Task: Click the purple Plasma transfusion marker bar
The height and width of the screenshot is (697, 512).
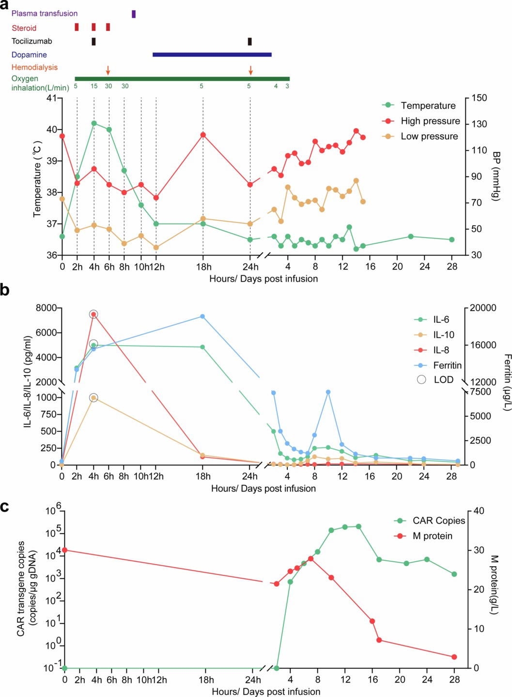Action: tap(134, 14)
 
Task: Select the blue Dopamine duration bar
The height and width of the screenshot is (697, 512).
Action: tap(212, 55)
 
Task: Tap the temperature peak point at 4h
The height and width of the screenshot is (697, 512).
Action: tap(94, 123)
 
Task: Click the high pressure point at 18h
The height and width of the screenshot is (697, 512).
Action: tap(203, 135)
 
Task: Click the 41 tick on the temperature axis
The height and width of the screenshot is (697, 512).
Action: tap(51, 98)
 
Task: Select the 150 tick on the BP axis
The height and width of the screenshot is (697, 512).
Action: tap(479, 98)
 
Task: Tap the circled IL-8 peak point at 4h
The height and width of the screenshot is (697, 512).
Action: tap(93, 314)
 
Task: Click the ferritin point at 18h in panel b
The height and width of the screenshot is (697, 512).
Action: tap(202, 317)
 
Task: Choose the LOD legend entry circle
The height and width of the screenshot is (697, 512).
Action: tap(421, 380)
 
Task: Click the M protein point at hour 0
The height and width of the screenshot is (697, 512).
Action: tap(64, 550)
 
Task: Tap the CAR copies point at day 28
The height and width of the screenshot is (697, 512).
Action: tap(454, 574)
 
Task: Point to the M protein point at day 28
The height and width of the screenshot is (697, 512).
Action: tap(454, 657)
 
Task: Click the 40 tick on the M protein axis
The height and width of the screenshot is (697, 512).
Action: tap(479, 511)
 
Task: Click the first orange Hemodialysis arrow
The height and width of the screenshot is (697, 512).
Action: tap(108, 71)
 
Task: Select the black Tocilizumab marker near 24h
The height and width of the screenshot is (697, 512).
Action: tap(249, 42)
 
